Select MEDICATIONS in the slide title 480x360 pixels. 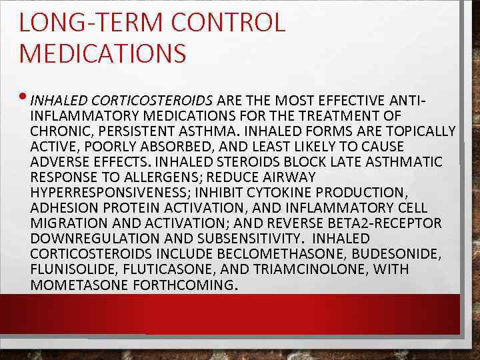103,54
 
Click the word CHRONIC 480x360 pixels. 57,131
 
